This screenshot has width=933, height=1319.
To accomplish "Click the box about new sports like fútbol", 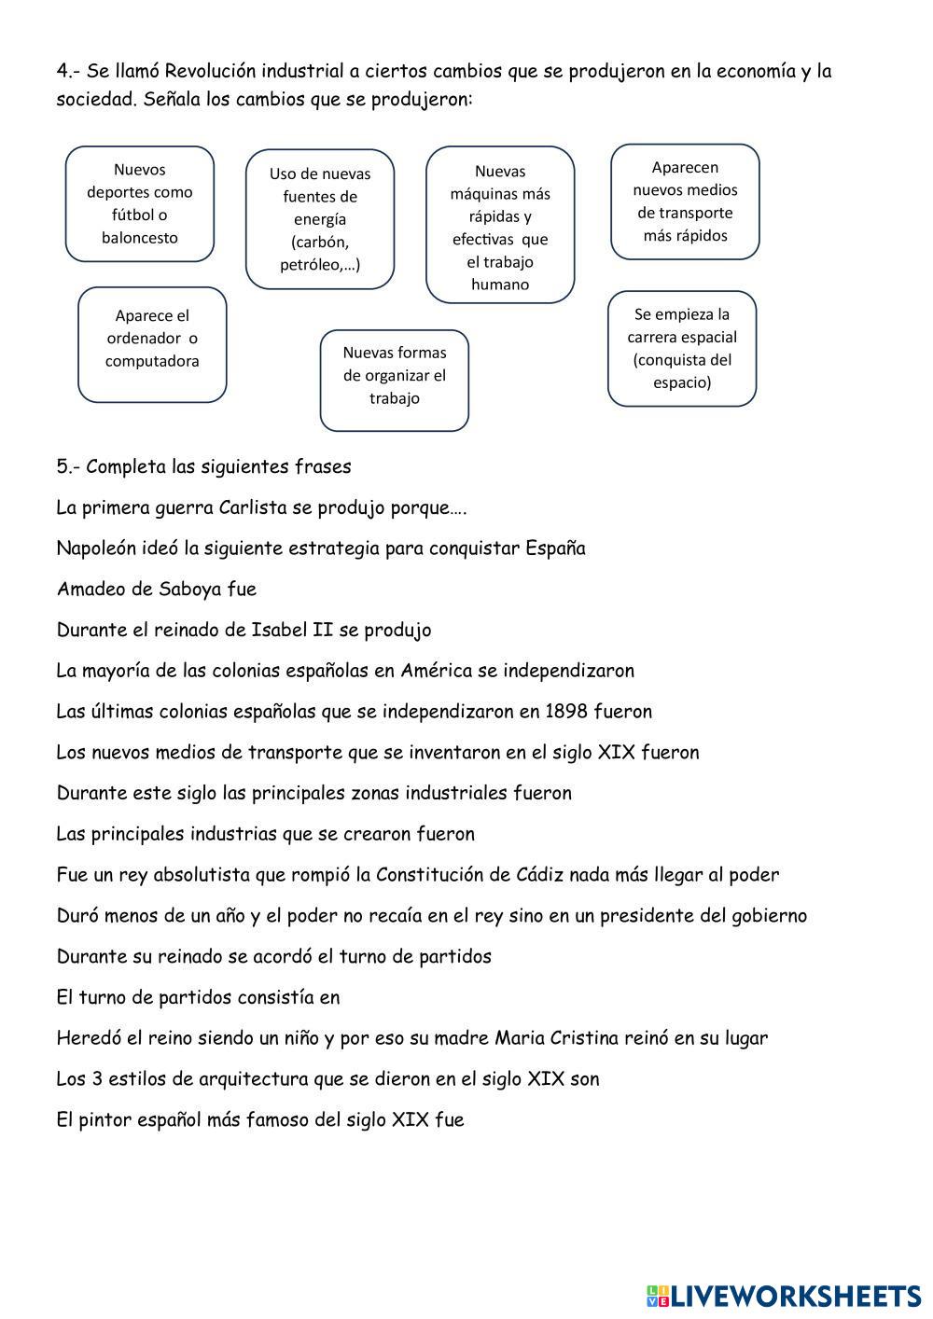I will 140,203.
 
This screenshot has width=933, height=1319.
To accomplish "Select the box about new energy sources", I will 320,219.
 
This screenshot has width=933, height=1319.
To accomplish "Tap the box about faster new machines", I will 500,226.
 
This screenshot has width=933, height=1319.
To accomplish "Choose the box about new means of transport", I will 685,201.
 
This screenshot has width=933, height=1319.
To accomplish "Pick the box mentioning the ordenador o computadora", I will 152,344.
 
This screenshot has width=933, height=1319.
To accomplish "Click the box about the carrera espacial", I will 682,348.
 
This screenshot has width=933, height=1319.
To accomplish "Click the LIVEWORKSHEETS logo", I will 783,1295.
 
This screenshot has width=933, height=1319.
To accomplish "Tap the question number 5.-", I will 68,466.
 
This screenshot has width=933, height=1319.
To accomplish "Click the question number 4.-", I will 68,72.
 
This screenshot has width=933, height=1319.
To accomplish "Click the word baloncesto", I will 140,238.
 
